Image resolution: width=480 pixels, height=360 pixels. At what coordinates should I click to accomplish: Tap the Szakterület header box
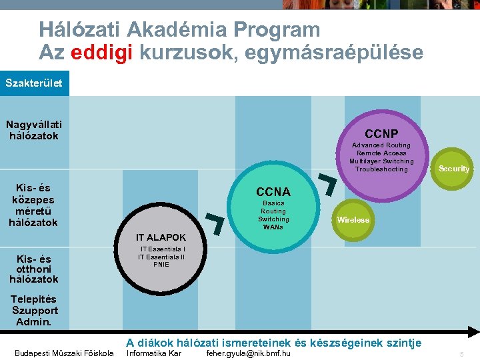click(34, 83)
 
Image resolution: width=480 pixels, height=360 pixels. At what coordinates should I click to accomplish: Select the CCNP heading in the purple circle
click(381, 133)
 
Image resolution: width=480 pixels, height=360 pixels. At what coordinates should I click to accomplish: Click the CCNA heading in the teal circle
click(273, 192)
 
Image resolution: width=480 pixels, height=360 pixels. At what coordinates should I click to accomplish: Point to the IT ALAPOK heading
click(161, 237)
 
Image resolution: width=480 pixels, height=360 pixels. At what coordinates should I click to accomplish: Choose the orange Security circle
click(453, 169)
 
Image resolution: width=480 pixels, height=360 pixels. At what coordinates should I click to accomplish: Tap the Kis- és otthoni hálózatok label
click(33, 269)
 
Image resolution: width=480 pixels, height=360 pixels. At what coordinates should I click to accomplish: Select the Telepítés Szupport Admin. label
click(35, 311)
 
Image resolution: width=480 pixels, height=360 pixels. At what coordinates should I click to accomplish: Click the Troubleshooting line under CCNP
click(381, 169)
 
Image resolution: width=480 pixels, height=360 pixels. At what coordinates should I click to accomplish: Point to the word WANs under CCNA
click(273, 227)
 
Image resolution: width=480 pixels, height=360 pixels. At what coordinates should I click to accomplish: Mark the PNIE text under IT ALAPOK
click(161, 265)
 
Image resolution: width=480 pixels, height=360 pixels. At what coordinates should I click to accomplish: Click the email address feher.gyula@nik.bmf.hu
click(249, 353)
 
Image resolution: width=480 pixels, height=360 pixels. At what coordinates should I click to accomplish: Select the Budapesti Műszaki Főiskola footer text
click(64, 353)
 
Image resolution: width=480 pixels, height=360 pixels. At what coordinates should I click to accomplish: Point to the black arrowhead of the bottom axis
click(472, 331)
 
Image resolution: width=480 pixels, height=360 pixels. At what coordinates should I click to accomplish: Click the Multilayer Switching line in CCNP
click(381, 161)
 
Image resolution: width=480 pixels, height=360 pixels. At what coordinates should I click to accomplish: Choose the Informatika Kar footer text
click(154, 353)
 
